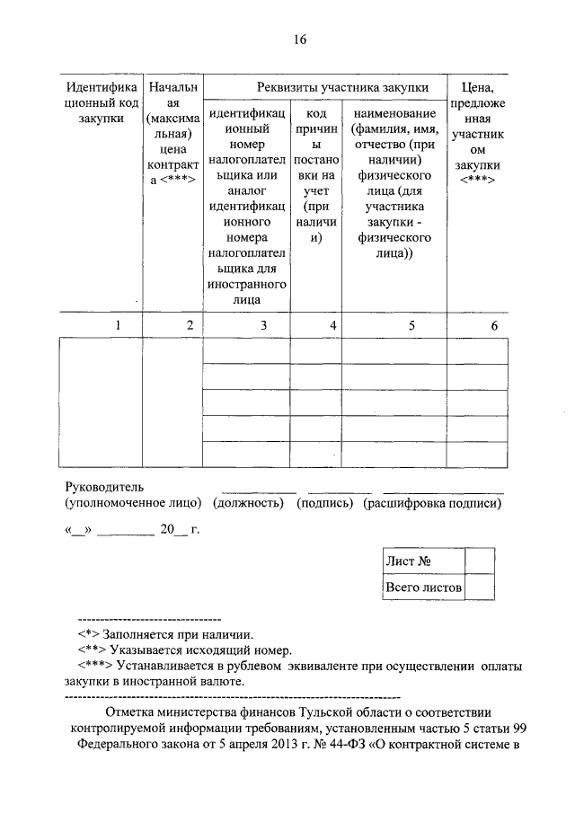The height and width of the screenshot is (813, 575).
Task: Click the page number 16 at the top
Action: [x=299, y=39]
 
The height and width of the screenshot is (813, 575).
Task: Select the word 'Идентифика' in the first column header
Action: [x=102, y=87]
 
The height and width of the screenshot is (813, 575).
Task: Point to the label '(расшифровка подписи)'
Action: [x=432, y=503]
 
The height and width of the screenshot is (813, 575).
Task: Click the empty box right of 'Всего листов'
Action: [x=480, y=588]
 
